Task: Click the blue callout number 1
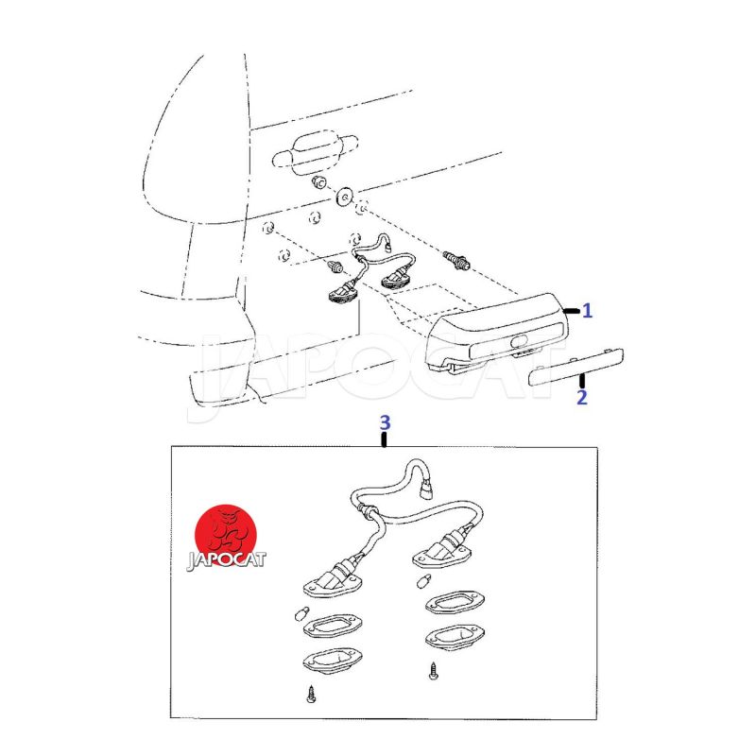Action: pyautogui.click(x=587, y=311)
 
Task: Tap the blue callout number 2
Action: pyautogui.click(x=582, y=397)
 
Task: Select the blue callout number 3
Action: pyautogui.click(x=385, y=422)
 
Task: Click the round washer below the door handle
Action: pyautogui.click(x=345, y=196)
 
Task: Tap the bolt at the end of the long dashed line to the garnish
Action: pyautogui.click(x=456, y=261)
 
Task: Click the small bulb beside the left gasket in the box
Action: pyautogui.click(x=301, y=614)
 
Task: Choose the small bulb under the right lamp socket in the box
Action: pyautogui.click(x=423, y=580)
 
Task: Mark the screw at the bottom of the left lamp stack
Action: pyautogui.click(x=311, y=695)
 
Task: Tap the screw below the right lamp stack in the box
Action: pyautogui.click(x=434, y=671)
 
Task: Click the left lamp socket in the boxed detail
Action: pyautogui.click(x=333, y=578)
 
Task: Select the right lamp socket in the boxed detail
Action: pyautogui.click(x=441, y=550)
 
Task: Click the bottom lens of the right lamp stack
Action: pyautogui.click(x=455, y=636)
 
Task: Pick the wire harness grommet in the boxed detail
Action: pyautogui.click(x=369, y=511)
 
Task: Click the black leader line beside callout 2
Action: pyautogui.click(x=582, y=381)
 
